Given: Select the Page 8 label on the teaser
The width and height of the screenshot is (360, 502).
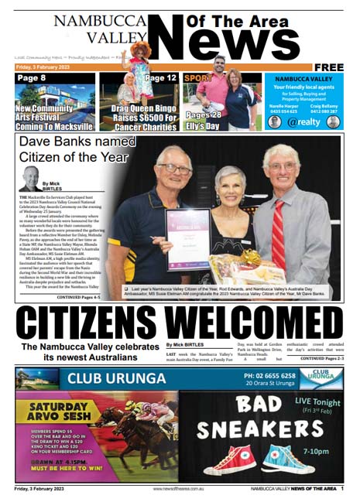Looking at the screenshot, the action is pyautogui.click(x=32, y=78).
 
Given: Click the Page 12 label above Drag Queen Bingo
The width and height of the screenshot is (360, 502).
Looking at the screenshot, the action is pyautogui.click(x=160, y=79).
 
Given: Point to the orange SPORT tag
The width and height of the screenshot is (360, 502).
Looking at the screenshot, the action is pyautogui.click(x=197, y=79).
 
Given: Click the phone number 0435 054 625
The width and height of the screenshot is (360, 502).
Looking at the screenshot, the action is pyautogui.click(x=283, y=111).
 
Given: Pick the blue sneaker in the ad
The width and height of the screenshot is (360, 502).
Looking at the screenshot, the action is pyautogui.click(x=287, y=458).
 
